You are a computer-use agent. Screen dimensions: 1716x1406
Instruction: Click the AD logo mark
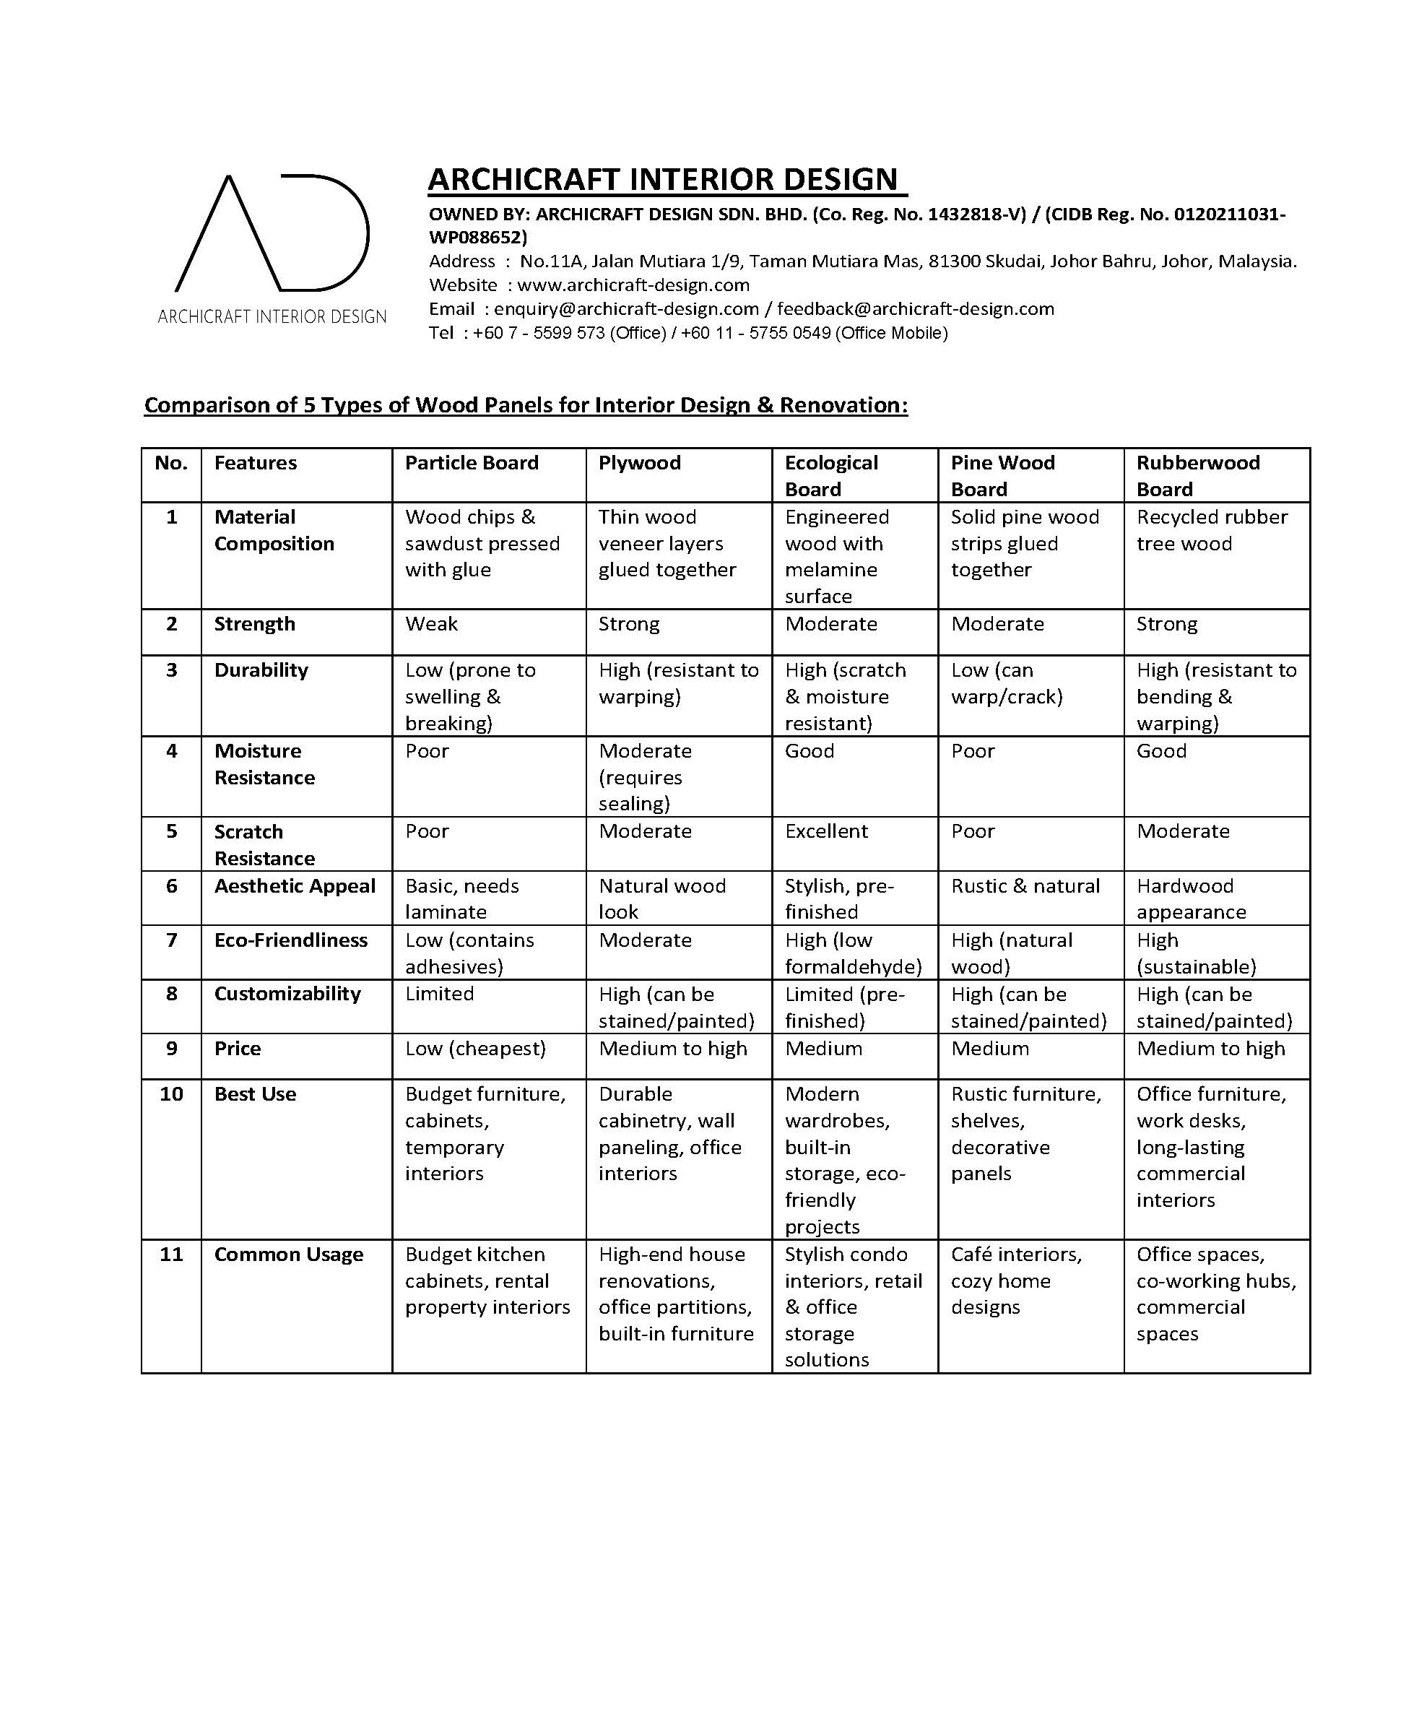(x=272, y=233)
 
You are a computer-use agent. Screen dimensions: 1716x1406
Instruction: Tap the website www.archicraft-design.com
(x=633, y=285)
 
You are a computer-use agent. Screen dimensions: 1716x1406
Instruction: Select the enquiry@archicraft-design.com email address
(x=626, y=308)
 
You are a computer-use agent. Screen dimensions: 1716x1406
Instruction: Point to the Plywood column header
(x=639, y=463)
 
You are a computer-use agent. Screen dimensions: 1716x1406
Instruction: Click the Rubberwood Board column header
(x=1197, y=475)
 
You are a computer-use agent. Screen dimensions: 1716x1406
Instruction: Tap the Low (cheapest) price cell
(x=474, y=1048)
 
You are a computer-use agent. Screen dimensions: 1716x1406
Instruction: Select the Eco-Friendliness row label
(x=290, y=940)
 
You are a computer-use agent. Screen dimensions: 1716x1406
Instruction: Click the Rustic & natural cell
(x=1025, y=886)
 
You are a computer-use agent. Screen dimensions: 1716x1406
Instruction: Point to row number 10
(x=171, y=1094)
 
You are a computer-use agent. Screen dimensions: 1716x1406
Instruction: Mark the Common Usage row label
(x=288, y=1254)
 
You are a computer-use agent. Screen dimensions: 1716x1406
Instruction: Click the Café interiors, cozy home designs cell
(x=1015, y=1280)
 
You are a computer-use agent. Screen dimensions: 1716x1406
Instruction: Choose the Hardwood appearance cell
(x=1191, y=899)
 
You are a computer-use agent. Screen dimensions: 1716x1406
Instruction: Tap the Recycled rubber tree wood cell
(x=1211, y=530)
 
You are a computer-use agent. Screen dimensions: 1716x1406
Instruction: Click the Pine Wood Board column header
(x=1002, y=475)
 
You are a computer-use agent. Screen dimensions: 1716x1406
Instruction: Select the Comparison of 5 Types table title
(x=526, y=405)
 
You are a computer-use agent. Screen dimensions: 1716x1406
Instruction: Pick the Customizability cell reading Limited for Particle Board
(x=439, y=994)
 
